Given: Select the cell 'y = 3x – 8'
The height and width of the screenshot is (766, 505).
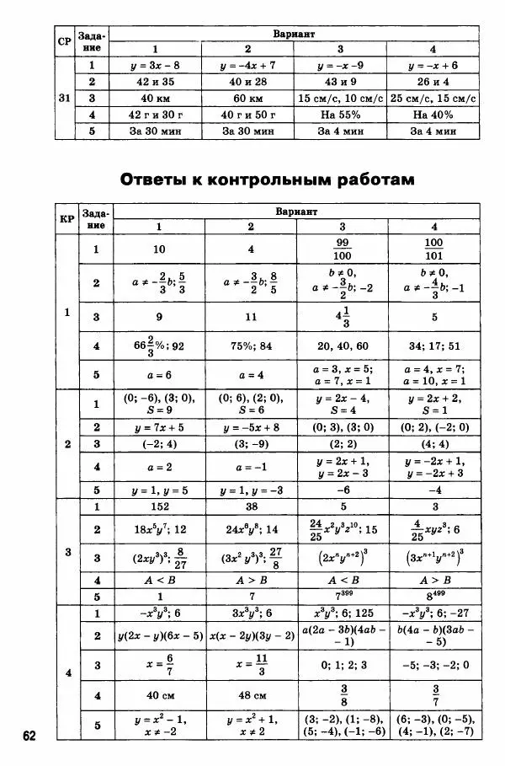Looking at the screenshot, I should tap(154, 65).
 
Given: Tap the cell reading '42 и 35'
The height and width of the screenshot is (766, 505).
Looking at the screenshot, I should tap(154, 82).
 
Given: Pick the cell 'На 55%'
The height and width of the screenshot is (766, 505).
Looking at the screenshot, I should tap(341, 115).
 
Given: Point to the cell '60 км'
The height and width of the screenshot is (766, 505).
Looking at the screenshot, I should tap(247, 99).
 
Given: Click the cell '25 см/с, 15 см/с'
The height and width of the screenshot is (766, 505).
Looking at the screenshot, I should tap(433, 99).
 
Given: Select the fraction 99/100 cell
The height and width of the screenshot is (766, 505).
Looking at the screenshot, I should tap(341, 249).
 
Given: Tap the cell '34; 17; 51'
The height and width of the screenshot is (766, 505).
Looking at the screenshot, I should tap(433, 345).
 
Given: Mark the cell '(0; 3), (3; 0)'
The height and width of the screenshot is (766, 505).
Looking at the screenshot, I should tap(341, 426).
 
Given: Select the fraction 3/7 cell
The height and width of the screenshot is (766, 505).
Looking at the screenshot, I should tap(433, 695).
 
